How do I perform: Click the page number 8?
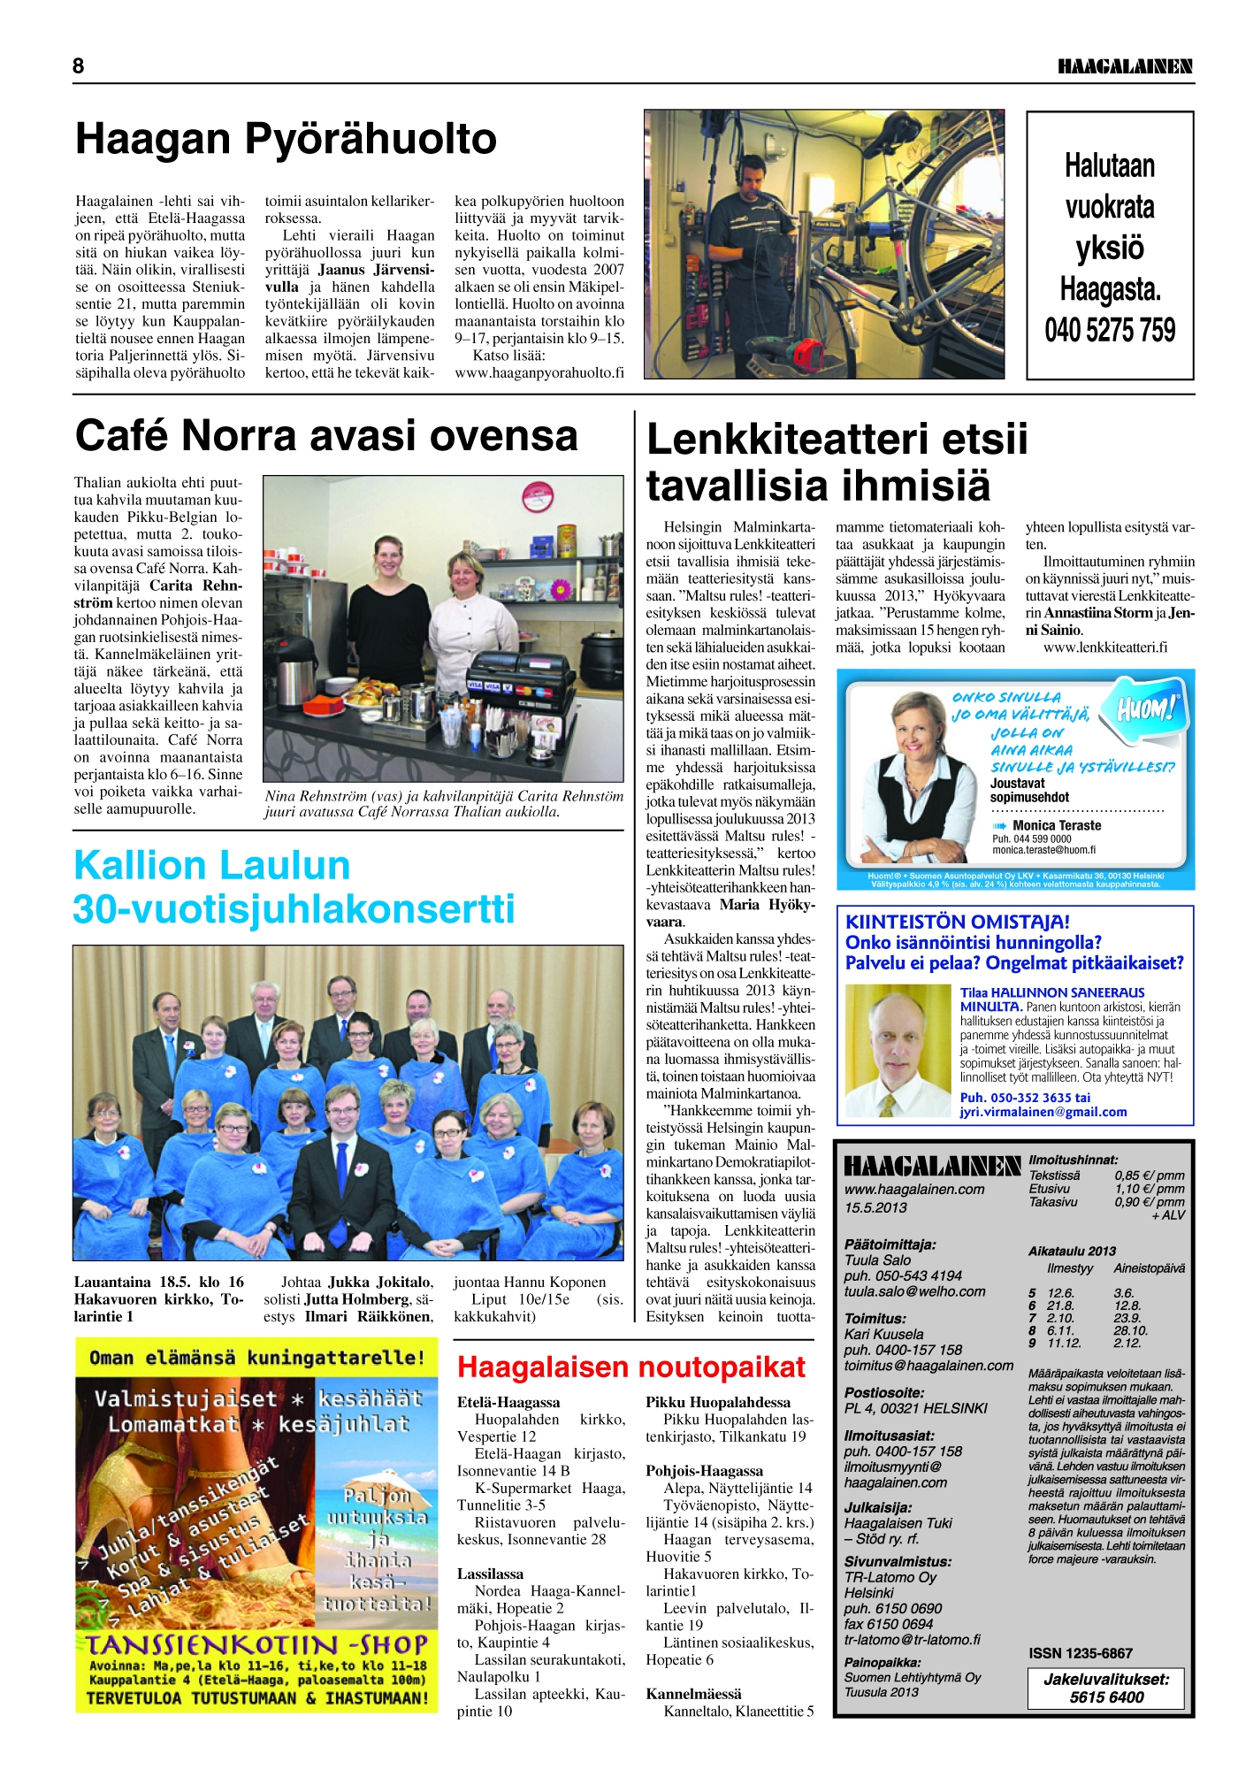tap(79, 65)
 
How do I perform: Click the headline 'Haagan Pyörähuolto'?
tap(286, 139)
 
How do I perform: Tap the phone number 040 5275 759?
tap(1110, 331)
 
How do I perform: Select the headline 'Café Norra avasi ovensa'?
tap(326, 435)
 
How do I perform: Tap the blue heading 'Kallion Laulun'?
tap(212, 865)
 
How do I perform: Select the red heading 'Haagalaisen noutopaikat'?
tap(630, 1367)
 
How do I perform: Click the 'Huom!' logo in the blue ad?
tap(1147, 708)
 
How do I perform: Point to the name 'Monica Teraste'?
tap(1057, 825)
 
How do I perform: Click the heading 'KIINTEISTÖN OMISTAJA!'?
tap(958, 922)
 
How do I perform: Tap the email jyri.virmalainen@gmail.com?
tap(1043, 1112)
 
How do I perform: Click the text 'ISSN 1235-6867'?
tap(1081, 1653)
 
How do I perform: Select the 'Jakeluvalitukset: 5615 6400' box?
tap(1106, 1689)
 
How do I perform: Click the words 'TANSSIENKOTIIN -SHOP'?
tap(256, 1644)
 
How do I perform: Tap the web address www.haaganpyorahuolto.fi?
tap(539, 372)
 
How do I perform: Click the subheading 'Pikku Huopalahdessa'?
tap(718, 1402)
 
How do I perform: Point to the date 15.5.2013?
tap(875, 1207)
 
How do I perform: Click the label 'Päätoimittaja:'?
tap(890, 1244)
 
